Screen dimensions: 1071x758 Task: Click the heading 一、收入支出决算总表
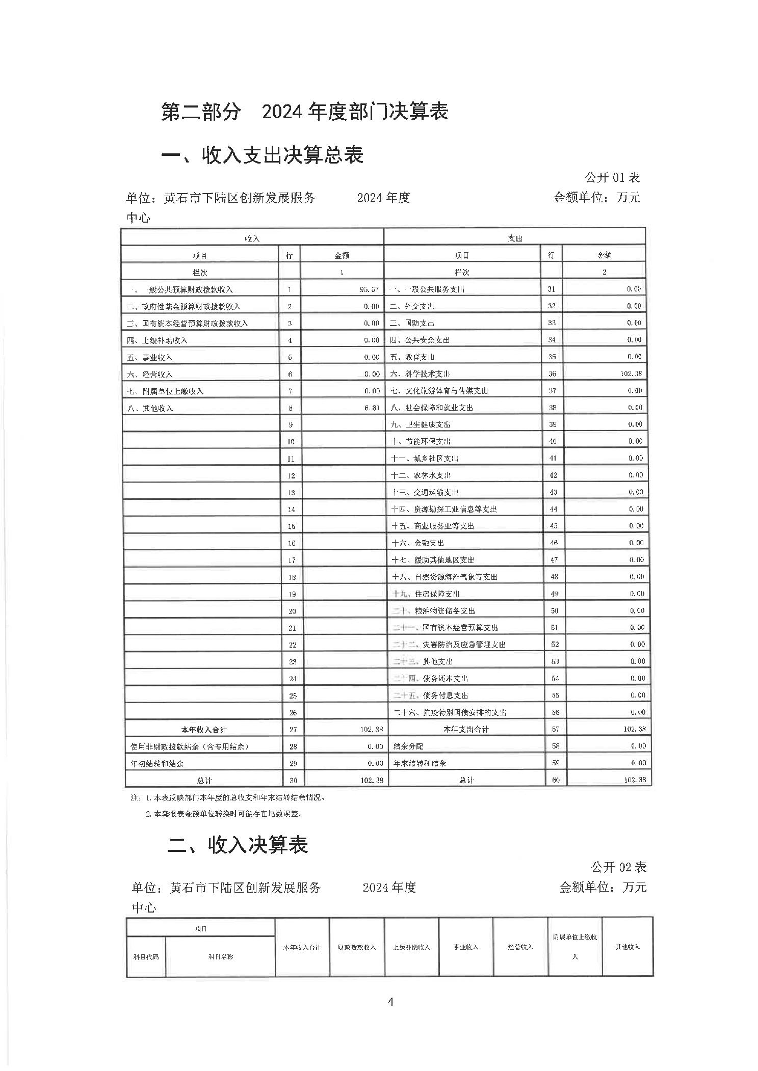[262, 155]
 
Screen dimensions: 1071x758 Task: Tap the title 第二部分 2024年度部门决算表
[304, 112]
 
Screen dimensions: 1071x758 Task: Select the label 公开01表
[612, 178]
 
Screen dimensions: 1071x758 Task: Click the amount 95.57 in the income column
[369, 289]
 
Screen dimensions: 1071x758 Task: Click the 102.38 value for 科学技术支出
[631, 373]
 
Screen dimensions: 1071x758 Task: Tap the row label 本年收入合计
[203, 730]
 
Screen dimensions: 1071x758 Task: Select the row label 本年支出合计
[465, 729]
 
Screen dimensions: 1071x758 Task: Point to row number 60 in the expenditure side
[556, 780]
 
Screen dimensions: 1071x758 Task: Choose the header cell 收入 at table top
[252, 238]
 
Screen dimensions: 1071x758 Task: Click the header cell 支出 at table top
[514, 238]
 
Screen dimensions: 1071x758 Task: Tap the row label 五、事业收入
[150, 358]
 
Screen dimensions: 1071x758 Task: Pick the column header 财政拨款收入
[357, 947]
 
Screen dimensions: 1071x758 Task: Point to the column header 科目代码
[146, 957]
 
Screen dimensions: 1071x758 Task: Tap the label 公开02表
[618, 867]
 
